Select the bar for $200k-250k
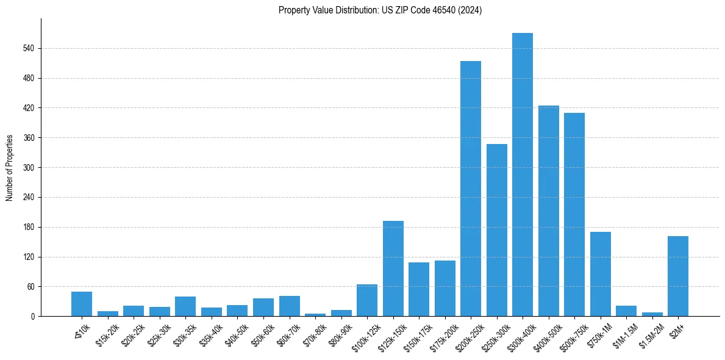471,189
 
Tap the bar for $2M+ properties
678,276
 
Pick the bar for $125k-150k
393,268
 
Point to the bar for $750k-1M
601,274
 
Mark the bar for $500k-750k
574,214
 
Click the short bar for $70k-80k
315,315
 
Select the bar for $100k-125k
367,300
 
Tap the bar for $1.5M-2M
652,314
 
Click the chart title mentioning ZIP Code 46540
380,10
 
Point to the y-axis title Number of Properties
10,167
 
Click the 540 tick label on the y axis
29,48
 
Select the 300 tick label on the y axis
29,168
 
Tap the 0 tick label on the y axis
33,317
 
